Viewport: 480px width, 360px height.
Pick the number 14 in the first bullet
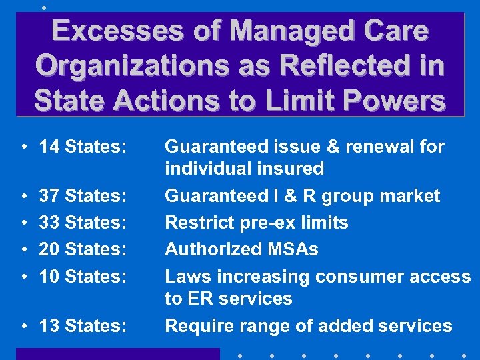click(49, 147)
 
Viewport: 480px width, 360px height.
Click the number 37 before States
click(49, 196)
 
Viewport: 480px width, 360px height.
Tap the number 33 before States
click(49, 222)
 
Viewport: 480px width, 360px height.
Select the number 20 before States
click(49, 249)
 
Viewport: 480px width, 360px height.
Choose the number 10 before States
click(49, 276)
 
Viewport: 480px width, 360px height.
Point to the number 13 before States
click(49, 325)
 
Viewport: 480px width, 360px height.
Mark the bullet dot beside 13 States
click(23, 326)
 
